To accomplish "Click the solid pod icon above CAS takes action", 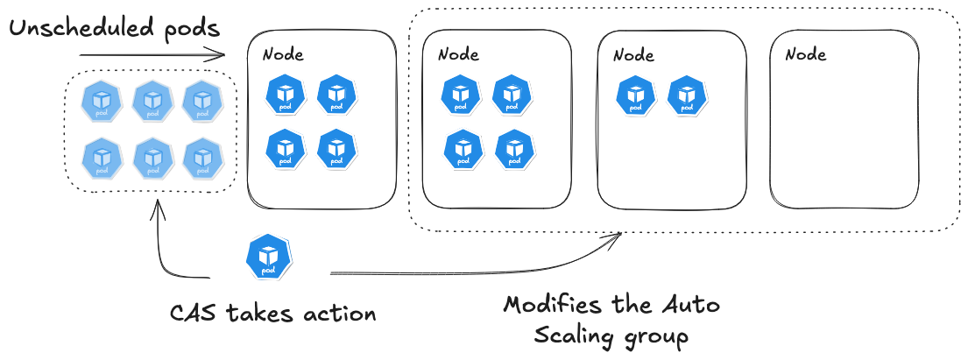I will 268,257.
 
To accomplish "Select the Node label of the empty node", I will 805,54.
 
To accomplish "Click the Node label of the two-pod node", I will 633,54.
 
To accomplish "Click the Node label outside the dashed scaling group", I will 283,54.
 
